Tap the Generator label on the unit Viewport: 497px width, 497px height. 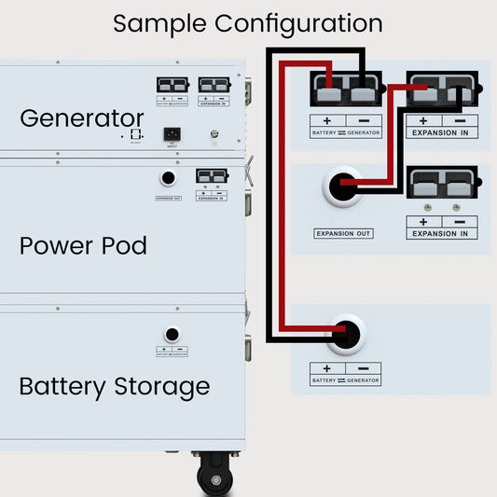[82, 118]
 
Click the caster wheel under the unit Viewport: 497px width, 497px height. [215, 478]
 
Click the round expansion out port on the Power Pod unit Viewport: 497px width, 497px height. [168, 178]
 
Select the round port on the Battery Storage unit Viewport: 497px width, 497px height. [172, 334]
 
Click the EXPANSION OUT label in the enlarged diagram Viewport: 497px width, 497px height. [344, 233]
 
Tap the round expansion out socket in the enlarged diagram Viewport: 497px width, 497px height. [343, 185]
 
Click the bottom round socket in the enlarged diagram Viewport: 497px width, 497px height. [345, 334]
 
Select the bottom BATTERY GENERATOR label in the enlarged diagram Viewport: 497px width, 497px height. [345, 380]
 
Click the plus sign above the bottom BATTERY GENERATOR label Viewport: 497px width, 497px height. [327, 369]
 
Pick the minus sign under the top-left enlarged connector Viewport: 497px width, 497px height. [365, 121]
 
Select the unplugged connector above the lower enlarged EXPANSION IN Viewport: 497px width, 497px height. [443, 186]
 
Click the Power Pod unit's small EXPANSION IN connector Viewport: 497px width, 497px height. [212, 176]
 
